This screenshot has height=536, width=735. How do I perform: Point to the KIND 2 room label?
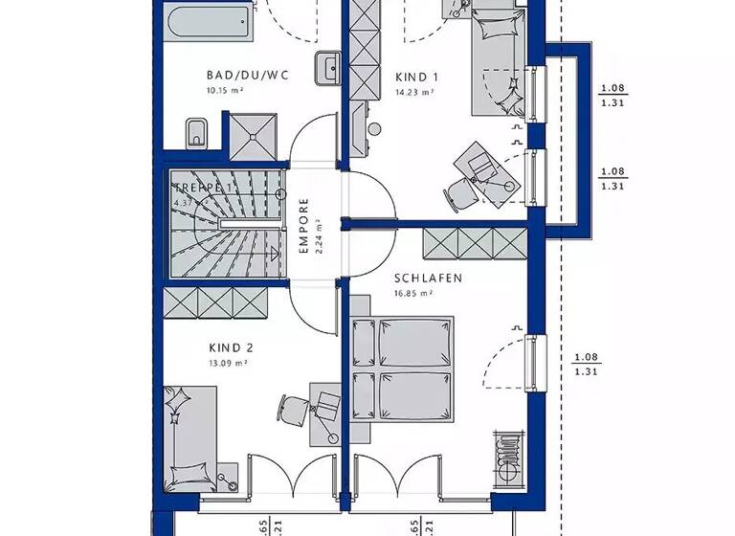[x=230, y=348]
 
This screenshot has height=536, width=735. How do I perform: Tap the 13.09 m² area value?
[x=228, y=364]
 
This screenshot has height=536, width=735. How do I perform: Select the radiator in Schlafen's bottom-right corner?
[x=504, y=457]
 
